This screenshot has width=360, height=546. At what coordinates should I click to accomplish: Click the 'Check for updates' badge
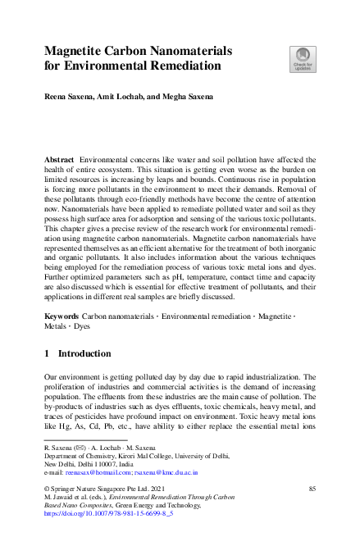[301, 58]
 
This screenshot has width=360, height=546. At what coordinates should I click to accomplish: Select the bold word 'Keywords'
[62, 316]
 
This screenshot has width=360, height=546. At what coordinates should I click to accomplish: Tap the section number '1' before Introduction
[47, 354]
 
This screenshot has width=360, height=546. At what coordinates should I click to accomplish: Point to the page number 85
[311, 489]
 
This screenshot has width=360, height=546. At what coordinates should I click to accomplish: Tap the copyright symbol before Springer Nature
[46, 489]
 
